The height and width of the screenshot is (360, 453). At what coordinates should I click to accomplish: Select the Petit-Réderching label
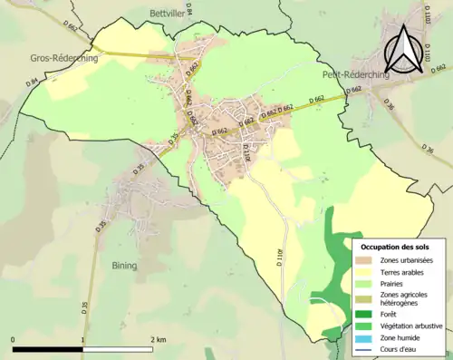(355, 75)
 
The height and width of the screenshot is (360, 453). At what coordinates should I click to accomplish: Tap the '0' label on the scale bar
(14, 339)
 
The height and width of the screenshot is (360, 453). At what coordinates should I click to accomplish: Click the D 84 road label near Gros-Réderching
(34, 83)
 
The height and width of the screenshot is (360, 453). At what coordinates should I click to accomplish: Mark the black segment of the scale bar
(48, 349)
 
